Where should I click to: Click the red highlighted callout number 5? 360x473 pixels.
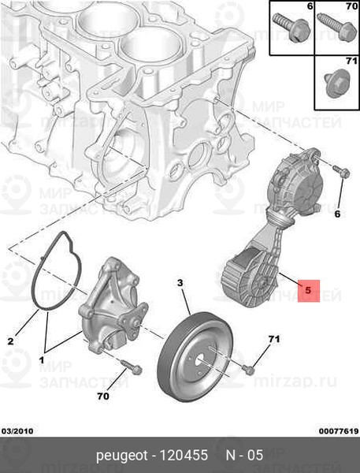coord(308,290)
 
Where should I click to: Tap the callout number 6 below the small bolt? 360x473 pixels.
coord(337,214)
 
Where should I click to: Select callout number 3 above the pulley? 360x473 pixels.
coord(180,283)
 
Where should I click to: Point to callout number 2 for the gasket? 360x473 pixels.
coord(10,341)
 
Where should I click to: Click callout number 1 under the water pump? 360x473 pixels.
coord(41,359)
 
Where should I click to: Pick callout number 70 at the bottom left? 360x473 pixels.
coord(103,396)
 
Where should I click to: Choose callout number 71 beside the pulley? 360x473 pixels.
coord(274,339)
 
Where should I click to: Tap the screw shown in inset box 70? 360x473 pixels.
coord(336,27)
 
